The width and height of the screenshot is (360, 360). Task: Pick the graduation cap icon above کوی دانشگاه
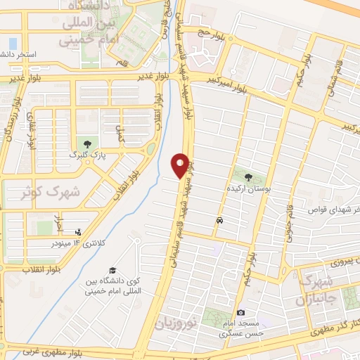[112, 271]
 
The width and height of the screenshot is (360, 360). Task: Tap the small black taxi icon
[220, 221]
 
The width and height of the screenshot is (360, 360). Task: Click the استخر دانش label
[21, 53]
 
